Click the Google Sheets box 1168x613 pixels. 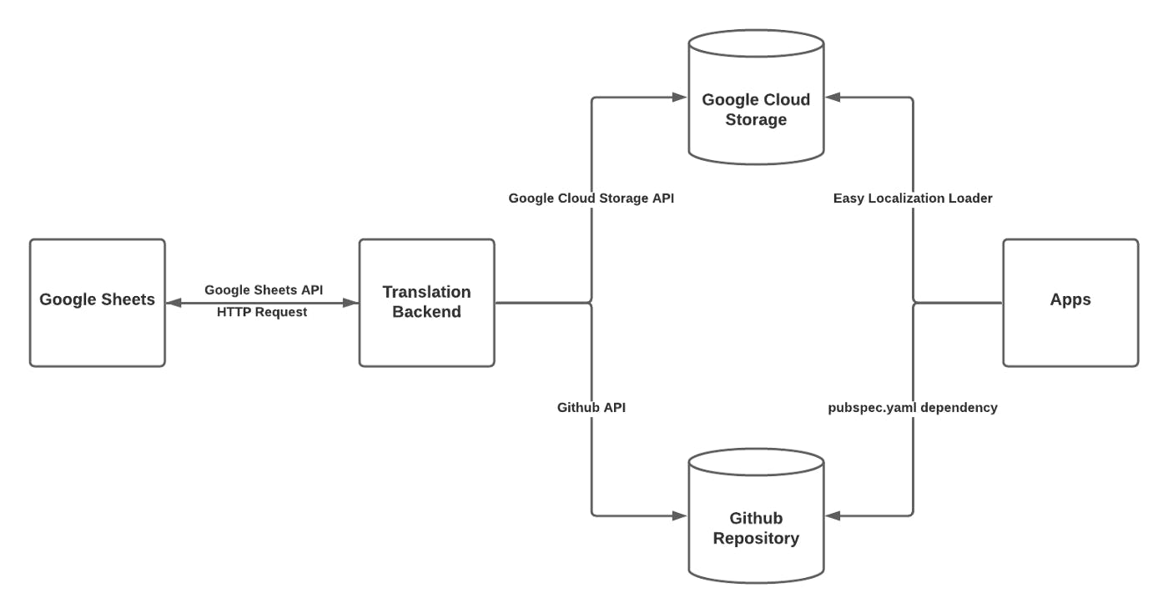pyautogui.click(x=98, y=302)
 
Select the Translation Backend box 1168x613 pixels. pyautogui.click(x=426, y=302)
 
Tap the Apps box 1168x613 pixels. pyautogui.click(x=1070, y=302)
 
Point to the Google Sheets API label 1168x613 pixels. pyautogui.click(x=264, y=290)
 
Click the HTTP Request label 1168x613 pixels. pyautogui.click(x=262, y=312)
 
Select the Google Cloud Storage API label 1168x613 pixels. pyautogui.click(x=592, y=198)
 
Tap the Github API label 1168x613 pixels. pyautogui.click(x=592, y=408)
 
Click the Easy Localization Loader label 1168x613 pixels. pyautogui.click(x=913, y=198)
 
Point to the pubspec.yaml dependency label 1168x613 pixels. pyautogui.click(x=913, y=408)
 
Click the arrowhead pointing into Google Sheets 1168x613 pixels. pyautogui.click(x=173, y=304)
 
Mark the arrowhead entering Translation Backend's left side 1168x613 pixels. pyautogui.click(x=352, y=304)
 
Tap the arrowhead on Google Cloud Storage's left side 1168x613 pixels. pyautogui.click(x=681, y=98)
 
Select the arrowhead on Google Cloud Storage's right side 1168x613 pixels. pyautogui.click(x=832, y=98)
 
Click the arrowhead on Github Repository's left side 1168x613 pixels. pyautogui.click(x=681, y=516)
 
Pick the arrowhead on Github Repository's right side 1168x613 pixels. pyautogui.click(x=832, y=516)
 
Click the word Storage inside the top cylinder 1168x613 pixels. pyautogui.click(x=756, y=120)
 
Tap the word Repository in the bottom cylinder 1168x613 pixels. pyautogui.click(x=756, y=539)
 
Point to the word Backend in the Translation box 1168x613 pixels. pyautogui.click(x=426, y=312)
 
